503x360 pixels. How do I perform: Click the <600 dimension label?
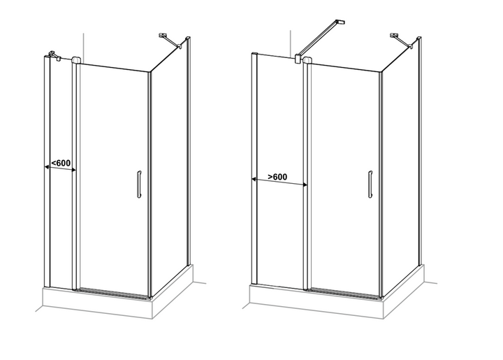pos(61,163)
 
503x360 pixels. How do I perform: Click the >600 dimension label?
pos(278,177)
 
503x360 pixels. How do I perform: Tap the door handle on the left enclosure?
pos(139,184)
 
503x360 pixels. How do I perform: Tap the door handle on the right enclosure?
pos(370,184)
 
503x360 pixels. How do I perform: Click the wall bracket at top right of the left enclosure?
pos(170,41)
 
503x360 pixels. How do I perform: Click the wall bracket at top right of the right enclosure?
pos(401,41)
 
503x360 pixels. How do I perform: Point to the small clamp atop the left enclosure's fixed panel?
pos(54,55)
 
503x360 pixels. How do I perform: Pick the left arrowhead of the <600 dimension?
pos(47,167)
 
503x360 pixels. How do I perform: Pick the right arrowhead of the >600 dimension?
pos(305,185)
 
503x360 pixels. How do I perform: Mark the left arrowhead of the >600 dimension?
pos(254,180)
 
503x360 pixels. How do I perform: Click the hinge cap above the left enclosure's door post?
pos(75,60)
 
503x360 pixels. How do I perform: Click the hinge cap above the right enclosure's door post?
pos(307,60)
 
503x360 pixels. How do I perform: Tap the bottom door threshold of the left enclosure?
pos(113,293)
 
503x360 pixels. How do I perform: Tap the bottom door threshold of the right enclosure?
pos(344,294)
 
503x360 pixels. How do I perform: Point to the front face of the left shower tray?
pos(97,303)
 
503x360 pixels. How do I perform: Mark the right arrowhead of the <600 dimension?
pos(73,170)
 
